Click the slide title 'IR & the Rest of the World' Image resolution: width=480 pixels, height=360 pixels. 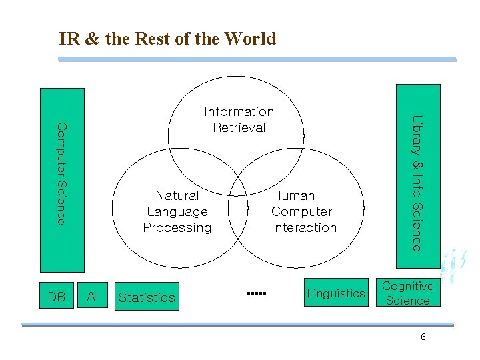coord(167,39)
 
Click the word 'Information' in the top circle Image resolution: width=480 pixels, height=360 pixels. coord(239,111)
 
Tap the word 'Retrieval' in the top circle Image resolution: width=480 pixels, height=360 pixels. coord(239,127)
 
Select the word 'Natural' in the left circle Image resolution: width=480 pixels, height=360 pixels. coord(177,195)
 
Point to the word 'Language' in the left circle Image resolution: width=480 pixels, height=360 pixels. coord(177,211)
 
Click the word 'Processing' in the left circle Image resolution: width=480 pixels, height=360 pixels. coord(177,227)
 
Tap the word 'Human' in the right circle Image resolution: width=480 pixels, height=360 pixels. coord(293,195)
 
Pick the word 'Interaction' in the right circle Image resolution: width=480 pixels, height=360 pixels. coord(304,227)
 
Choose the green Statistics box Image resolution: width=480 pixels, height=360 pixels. coord(147,297)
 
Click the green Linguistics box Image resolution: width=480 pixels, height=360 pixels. coord(336,293)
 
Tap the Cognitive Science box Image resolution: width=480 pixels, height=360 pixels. coord(407,293)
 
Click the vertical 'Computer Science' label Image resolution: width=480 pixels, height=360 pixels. coord(61,173)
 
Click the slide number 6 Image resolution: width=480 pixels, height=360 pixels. coord(423,337)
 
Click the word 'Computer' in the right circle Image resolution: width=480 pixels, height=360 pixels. coord(301,211)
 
